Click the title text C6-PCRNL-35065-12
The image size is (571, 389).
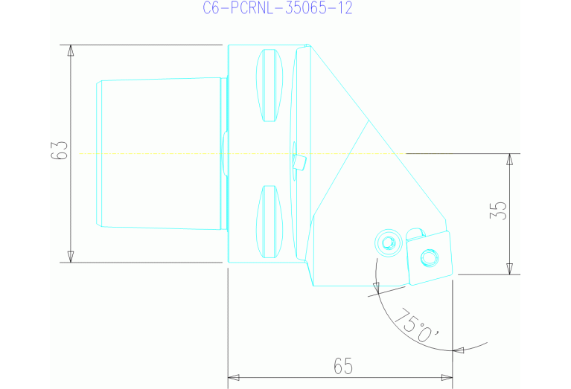(x=277, y=8)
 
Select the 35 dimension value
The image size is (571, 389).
(x=500, y=210)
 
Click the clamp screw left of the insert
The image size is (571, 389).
(x=387, y=242)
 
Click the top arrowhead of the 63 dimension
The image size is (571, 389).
(x=71, y=50)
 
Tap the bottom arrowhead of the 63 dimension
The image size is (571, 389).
(x=71, y=257)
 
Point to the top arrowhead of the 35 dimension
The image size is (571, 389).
(x=510, y=159)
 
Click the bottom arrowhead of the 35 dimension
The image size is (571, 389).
(x=510, y=268)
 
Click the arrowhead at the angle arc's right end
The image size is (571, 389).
(x=459, y=349)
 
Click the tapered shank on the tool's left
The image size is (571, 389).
(x=160, y=153)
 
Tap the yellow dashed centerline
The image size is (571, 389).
(x=149, y=153)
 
